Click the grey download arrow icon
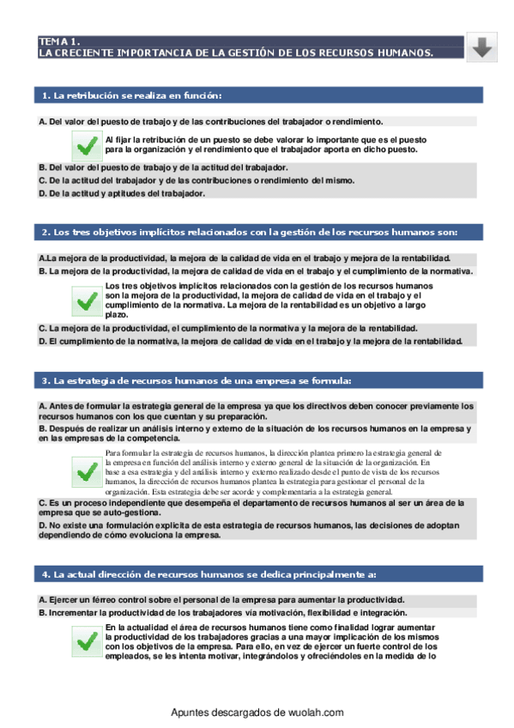tap(483, 47)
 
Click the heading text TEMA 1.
tap(59, 40)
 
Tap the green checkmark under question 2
tap(86, 300)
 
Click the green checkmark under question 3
tap(86, 471)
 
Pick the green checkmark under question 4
tap(86, 640)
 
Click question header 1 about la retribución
tap(132, 94)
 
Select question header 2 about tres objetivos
tap(250, 232)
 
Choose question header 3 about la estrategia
tap(197, 380)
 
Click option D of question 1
tap(122, 193)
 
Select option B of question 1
tap(163, 167)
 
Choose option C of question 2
tap(228, 328)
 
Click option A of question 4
tap(221, 599)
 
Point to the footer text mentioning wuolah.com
tap(257, 713)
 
